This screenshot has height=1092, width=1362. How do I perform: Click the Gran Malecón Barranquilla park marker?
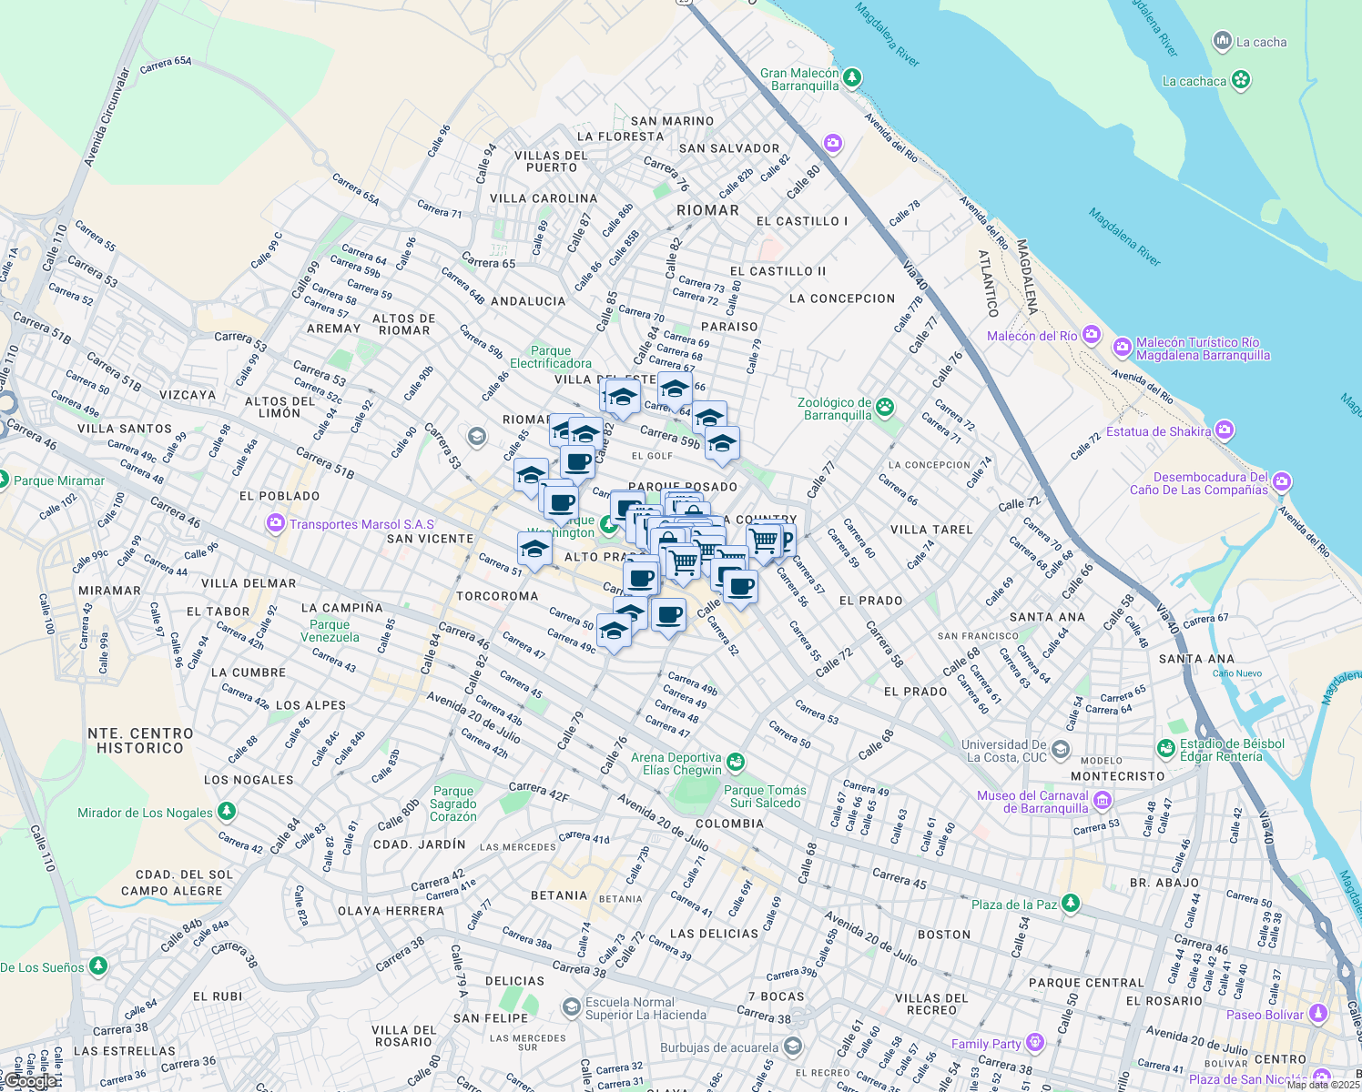click(852, 78)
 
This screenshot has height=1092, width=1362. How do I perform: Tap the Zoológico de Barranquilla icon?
click(885, 408)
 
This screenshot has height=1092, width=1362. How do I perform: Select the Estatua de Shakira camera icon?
click(1225, 430)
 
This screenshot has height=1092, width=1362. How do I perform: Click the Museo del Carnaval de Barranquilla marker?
click(1103, 801)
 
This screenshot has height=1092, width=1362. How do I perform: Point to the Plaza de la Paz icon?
click(1071, 903)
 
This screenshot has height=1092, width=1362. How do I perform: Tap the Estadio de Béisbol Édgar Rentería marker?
click(1166, 748)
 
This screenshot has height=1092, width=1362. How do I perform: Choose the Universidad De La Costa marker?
click(1061, 750)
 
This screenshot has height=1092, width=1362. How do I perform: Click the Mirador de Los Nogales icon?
click(227, 811)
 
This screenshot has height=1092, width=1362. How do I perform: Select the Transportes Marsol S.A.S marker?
click(275, 523)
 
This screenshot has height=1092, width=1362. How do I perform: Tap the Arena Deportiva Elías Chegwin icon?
click(736, 762)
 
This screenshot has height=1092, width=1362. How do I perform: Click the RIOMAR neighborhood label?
click(707, 210)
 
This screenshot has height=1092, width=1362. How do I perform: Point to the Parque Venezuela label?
click(330, 631)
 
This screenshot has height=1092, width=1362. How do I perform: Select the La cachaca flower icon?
click(1240, 80)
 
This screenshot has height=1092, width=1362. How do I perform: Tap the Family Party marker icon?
click(1034, 1042)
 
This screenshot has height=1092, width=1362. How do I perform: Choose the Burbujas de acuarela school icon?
click(793, 1046)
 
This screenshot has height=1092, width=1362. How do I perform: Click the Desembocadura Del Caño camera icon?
click(1282, 481)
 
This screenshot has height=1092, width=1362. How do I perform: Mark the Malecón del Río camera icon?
click(1092, 335)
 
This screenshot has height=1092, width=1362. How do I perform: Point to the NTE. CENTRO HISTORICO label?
click(141, 741)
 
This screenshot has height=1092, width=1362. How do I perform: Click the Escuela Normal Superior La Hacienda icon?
click(571, 1006)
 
